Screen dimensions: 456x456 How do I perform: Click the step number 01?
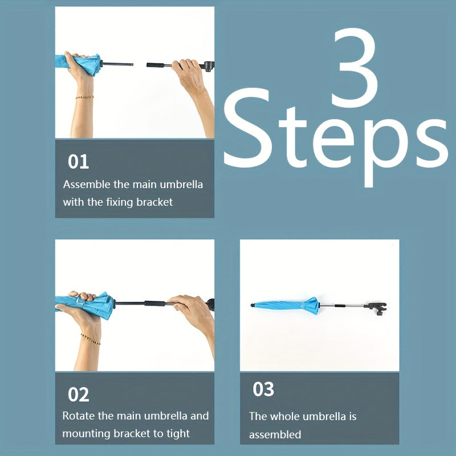78,162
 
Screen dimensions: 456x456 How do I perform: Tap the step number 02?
78,394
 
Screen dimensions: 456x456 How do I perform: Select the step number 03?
263,389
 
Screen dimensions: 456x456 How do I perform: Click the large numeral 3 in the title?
355,67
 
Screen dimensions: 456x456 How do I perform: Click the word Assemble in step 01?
87,184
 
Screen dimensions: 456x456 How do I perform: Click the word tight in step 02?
178,434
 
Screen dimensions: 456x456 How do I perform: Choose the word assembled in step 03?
275,434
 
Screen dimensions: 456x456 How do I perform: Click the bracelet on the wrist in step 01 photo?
84,97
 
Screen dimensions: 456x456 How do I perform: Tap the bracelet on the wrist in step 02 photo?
91,339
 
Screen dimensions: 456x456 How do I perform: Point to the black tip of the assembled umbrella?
253,305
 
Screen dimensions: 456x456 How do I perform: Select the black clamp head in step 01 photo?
209,66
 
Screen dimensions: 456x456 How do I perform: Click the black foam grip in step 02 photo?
156,304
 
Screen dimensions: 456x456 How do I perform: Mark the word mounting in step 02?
87,434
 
